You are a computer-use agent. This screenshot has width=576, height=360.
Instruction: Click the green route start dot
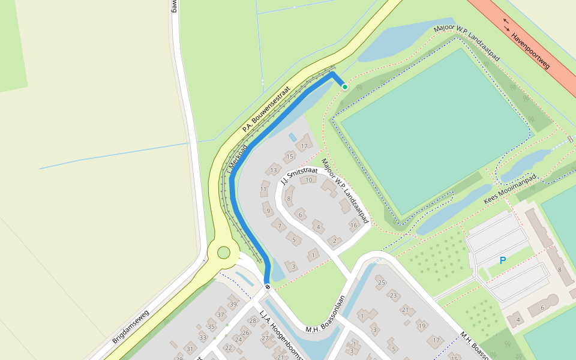[x=345, y=87]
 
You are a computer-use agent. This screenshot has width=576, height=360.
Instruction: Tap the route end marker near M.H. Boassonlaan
[x=267, y=287]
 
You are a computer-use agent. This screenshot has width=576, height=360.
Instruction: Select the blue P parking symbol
[x=503, y=260]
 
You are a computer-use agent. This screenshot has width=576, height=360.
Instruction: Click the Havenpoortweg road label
[x=530, y=50]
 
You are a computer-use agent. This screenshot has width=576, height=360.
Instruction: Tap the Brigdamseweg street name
[x=131, y=323]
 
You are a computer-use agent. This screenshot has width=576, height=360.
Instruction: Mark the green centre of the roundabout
[x=224, y=253]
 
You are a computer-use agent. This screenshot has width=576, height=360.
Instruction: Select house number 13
[x=274, y=170]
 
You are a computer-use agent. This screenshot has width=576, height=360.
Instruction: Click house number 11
[x=263, y=190]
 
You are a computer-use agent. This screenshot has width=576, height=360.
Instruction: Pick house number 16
[x=354, y=226]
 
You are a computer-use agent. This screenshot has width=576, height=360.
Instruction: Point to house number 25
[x=380, y=282]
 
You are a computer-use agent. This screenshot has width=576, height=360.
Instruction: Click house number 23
[x=393, y=295]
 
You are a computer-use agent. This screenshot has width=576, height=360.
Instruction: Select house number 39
[x=233, y=305]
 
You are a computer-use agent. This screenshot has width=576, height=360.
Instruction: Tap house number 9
[x=268, y=211]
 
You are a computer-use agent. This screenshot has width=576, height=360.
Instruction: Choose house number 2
[x=334, y=241]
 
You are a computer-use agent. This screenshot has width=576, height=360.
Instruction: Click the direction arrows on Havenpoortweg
[x=507, y=23]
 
